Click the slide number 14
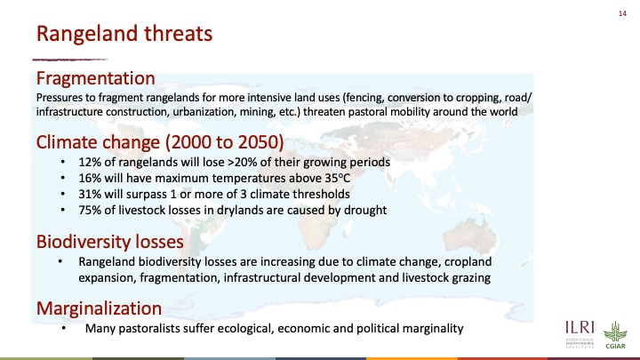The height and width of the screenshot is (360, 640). [x=622, y=13]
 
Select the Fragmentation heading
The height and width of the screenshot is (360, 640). [x=95, y=78]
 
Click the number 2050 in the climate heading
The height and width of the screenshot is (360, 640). [x=260, y=142]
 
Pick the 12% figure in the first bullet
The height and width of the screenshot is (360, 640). [x=90, y=162]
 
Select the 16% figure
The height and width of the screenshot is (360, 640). [x=90, y=179]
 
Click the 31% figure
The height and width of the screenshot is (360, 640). [x=90, y=195]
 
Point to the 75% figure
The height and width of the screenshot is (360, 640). [x=90, y=210]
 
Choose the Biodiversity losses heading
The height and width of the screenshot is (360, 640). [x=110, y=242]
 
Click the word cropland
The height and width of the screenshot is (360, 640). [x=468, y=262]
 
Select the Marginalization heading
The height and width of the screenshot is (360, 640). [x=99, y=308]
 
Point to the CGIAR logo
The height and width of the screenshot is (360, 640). [x=615, y=335]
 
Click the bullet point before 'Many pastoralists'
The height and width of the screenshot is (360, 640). [x=63, y=329]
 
